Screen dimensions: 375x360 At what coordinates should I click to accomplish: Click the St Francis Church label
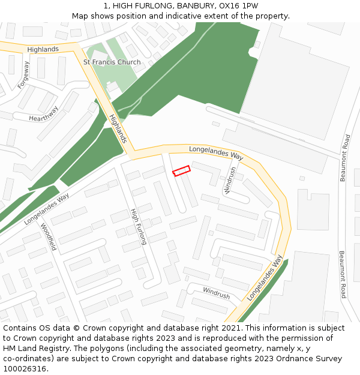pos(112,62)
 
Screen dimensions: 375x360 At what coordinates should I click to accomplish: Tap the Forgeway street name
pos(23,76)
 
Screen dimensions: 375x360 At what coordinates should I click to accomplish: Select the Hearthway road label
pos(44,114)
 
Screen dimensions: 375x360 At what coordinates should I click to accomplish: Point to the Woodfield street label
pos(48,236)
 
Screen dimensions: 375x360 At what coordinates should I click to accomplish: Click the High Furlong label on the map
pos(139,227)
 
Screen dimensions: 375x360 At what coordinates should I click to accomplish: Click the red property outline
pos(181,171)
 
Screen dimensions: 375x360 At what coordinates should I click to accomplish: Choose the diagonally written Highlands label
pos(118,128)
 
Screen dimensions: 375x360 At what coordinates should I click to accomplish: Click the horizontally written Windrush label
pos(216,294)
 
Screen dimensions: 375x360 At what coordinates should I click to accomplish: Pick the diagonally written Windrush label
pos(230,181)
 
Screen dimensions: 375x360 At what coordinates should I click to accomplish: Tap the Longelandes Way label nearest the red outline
pos(216,152)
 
